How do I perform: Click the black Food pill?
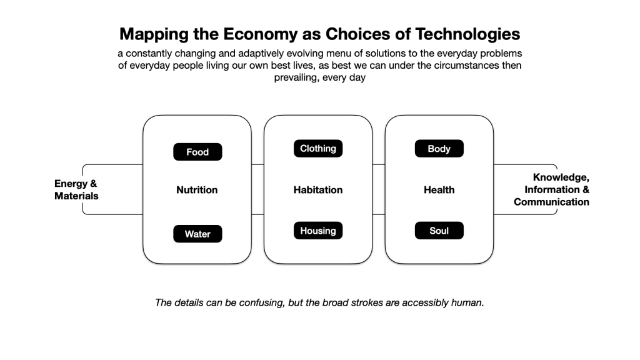(x=197, y=152)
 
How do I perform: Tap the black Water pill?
(x=197, y=234)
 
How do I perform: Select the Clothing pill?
(x=318, y=149)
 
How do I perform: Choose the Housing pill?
(x=318, y=231)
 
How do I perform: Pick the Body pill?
(x=439, y=149)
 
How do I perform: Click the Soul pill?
(x=439, y=231)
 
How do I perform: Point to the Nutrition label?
(x=197, y=190)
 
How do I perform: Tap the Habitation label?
(x=318, y=190)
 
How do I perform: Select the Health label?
(x=439, y=190)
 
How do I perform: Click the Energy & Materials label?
(x=76, y=190)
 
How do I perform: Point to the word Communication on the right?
(x=551, y=202)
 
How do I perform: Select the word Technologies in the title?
(x=467, y=34)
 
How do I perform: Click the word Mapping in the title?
(x=154, y=34)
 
